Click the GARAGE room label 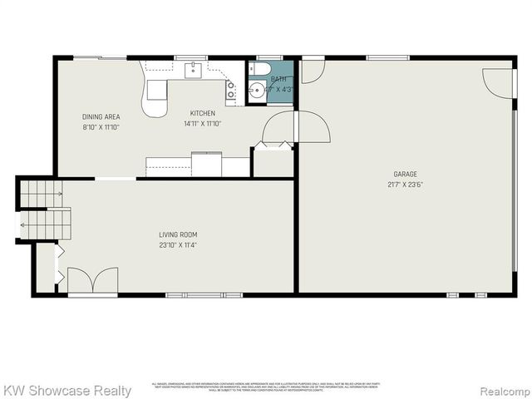(x=405, y=174)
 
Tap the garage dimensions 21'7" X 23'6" (x=405, y=185)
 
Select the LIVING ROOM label (x=178, y=234)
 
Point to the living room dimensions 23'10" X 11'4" (x=178, y=245)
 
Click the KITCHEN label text (x=202, y=114)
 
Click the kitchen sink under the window (x=193, y=68)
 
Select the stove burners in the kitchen (x=231, y=90)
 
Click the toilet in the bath (x=256, y=70)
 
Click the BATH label (x=278, y=78)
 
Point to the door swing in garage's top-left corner (x=310, y=71)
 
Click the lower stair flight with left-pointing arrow (x=44, y=223)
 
